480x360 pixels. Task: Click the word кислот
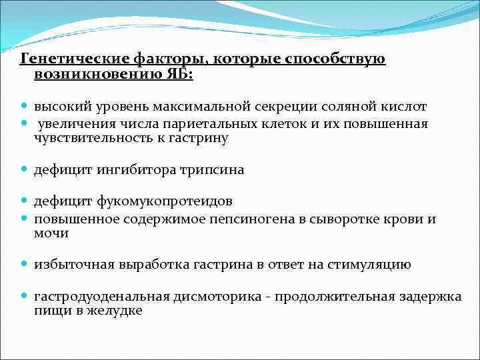click(404, 107)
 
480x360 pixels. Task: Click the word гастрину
click(200, 139)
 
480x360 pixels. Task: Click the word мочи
click(51, 233)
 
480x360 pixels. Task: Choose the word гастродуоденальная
click(99, 296)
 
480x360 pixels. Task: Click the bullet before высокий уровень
click(25, 107)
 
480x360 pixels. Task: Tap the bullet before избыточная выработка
click(25, 265)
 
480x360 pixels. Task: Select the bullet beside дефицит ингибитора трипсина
click(25, 170)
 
